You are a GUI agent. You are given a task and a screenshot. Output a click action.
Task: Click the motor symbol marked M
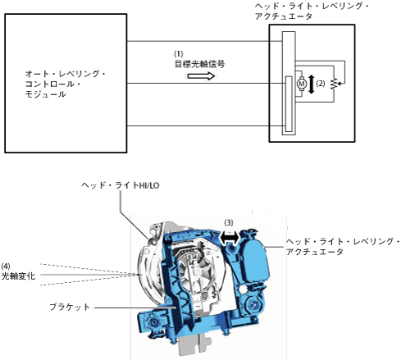(x=302, y=84)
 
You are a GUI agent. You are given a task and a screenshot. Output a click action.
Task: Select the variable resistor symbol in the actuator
(x=334, y=84)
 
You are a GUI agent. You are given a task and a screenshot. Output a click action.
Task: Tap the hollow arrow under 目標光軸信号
(x=201, y=75)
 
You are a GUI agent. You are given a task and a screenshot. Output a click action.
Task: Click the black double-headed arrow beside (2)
(x=311, y=84)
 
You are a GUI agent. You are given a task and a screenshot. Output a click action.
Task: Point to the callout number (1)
(x=179, y=53)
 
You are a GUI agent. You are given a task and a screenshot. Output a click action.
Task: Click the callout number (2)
(x=321, y=84)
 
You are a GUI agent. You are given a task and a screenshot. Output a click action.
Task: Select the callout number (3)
(x=229, y=223)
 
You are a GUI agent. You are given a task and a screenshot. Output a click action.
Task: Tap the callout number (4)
(x=6, y=266)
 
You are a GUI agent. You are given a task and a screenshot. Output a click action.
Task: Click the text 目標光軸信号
(x=199, y=64)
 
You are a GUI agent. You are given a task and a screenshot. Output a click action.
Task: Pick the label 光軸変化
(x=18, y=276)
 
